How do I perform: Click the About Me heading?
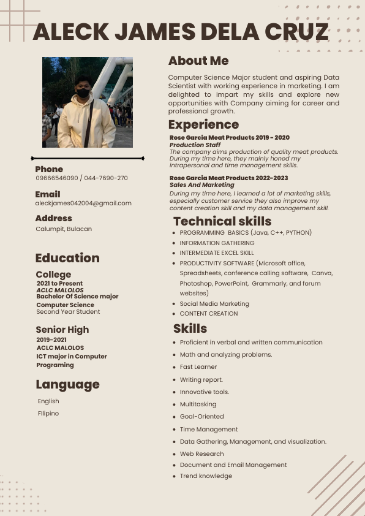pos(198,61)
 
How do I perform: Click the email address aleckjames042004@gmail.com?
pos(83,203)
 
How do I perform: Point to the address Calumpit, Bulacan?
pos(64,229)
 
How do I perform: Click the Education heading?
pos(67,258)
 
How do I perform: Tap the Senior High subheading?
pos(62,330)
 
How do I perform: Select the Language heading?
pos(67,384)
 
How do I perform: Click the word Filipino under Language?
pos(48,414)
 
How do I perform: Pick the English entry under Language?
pos(48,401)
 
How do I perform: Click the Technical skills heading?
pos(222,221)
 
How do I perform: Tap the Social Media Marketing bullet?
pos(214,304)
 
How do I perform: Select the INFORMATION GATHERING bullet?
pos(217,243)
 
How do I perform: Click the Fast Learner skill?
pos(198,367)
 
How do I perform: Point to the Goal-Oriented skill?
pos(202,417)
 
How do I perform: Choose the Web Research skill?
pos(202,454)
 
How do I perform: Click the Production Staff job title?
pos(195,145)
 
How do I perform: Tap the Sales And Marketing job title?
pos(201,184)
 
